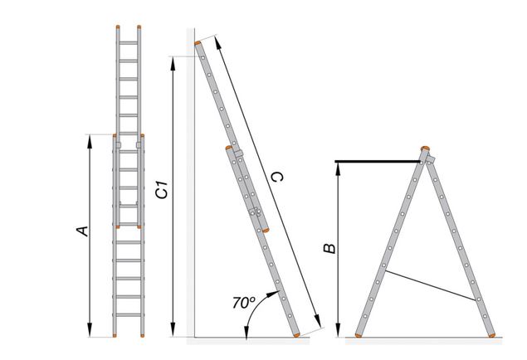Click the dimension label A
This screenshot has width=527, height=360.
click(x=83, y=231)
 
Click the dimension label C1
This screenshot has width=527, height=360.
click(x=163, y=190)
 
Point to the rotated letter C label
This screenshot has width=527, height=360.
click(x=277, y=177)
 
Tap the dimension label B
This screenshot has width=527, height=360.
click(x=329, y=248)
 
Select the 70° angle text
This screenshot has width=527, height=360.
click(x=244, y=302)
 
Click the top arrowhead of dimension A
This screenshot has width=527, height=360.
click(x=90, y=141)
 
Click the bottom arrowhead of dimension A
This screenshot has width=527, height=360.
click(x=90, y=330)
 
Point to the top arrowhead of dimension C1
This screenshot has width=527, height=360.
click(x=173, y=63)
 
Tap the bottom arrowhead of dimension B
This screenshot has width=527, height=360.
click(x=338, y=330)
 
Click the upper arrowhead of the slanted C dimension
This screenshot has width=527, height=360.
click(x=217, y=42)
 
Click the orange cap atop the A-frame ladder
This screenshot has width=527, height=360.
click(x=425, y=148)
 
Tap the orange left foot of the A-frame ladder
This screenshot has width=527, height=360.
click(x=359, y=335)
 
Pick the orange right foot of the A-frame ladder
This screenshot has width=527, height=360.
click(x=491, y=335)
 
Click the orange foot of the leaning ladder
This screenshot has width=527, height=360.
click(x=296, y=335)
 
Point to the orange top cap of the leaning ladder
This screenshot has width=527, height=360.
click(x=198, y=43)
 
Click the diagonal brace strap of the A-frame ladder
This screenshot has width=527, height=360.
click(x=432, y=285)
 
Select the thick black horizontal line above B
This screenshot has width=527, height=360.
click(x=378, y=162)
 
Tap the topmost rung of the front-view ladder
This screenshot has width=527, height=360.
click(x=129, y=43)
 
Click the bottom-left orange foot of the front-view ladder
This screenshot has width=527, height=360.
click(x=115, y=335)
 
